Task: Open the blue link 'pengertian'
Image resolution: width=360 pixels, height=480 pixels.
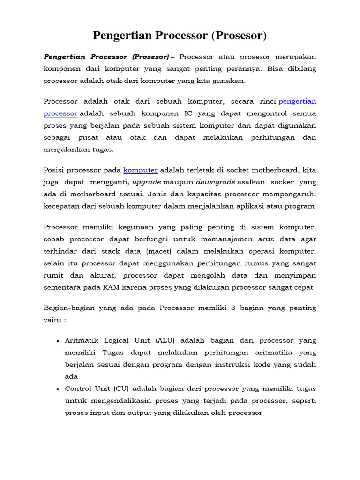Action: (298, 101)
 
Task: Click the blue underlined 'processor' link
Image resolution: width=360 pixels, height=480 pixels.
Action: (60, 113)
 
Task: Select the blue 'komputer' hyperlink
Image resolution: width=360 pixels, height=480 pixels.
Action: (141, 170)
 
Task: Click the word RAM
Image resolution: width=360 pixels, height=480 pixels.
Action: (115, 287)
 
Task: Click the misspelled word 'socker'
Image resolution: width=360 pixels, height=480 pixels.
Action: (283, 182)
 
